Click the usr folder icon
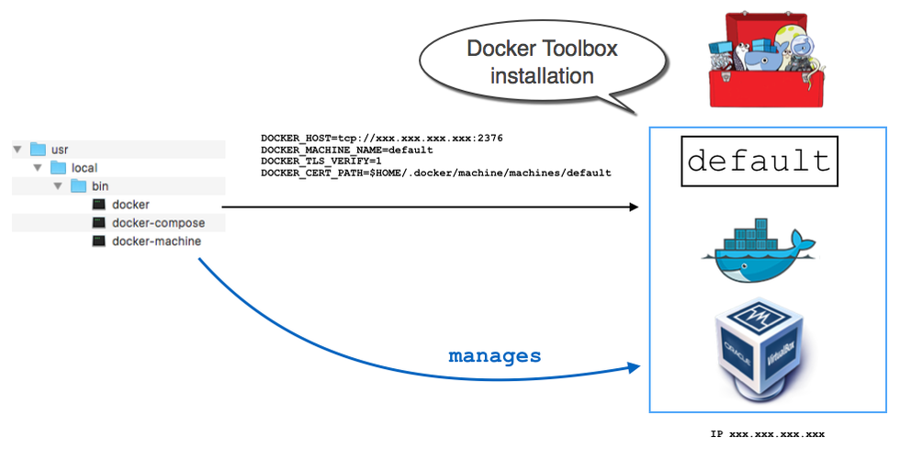[x=38, y=149]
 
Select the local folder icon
[x=58, y=168]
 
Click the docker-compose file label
[x=158, y=223]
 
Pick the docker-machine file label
[x=156, y=241]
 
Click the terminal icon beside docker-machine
[x=98, y=241]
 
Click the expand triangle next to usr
[x=17, y=149]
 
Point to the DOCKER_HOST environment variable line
[x=381, y=138]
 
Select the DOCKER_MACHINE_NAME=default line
[x=346, y=150]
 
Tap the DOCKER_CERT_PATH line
[x=435, y=173]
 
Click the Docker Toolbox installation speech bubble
[x=541, y=62]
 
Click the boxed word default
[x=759, y=162]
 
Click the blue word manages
[x=494, y=355]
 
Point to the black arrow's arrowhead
[x=633, y=207]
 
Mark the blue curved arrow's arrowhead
[x=633, y=367]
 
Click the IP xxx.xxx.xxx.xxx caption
[x=767, y=432]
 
